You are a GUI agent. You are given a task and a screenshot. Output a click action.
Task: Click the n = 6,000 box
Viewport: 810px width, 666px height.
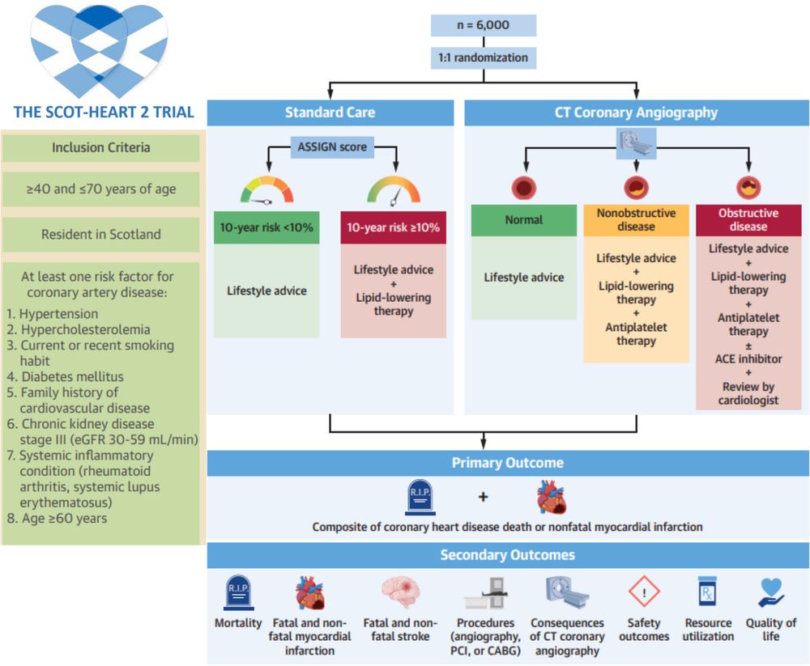coord(483,25)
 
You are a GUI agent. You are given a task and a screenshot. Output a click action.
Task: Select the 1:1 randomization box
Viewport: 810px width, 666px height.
coord(483,58)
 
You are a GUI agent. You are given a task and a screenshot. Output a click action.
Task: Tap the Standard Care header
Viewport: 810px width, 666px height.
coord(330,112)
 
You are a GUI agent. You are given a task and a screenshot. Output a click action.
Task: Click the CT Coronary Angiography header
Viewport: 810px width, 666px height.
coord(636,112)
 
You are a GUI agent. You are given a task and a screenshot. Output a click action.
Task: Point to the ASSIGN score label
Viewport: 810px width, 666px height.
coord(330,147)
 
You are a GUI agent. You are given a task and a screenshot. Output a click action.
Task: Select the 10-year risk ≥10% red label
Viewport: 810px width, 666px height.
coord(393,227)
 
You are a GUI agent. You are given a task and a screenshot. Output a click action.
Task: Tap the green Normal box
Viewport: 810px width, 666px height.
coord(524,220)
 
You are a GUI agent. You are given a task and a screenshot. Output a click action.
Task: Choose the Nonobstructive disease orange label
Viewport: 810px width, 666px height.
coord(636,220)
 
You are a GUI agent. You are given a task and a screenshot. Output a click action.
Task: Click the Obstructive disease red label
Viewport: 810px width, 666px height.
coord(748,220)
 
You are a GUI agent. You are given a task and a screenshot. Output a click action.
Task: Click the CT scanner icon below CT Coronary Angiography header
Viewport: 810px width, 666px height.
coord(636,143)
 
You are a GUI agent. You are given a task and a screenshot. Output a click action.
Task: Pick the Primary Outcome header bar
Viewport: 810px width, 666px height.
coord(507,463)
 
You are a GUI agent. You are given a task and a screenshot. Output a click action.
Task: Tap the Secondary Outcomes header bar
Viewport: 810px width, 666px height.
coord(507,555)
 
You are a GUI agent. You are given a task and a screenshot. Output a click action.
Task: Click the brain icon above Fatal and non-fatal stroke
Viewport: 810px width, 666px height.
coord(400,592)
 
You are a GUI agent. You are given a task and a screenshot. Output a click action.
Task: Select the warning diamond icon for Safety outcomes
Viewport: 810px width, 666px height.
coord(644,592)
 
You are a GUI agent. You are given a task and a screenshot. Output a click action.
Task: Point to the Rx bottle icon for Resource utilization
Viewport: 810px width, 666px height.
coord(708,592)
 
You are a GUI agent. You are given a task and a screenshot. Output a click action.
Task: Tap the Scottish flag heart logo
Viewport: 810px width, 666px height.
coord(99,50)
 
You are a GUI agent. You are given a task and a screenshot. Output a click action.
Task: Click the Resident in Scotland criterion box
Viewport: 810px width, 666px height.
coord(101,235)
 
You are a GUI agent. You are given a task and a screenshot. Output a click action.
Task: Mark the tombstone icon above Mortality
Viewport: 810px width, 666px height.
coord(238,593)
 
